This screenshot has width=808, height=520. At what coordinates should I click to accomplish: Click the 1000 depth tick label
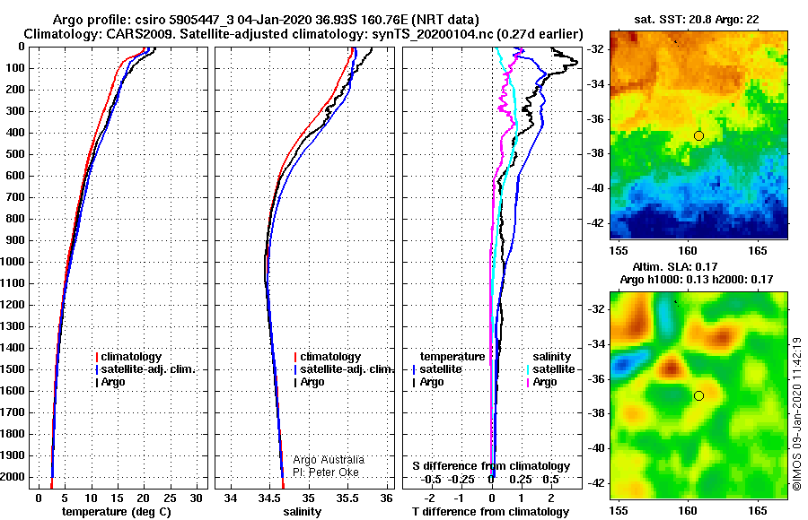pyautogui.click(x=12, y=262)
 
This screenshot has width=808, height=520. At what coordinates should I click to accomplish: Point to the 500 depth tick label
pyautogui.click(x=14, y=154)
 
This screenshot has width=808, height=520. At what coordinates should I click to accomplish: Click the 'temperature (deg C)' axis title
pyautogui.click(x=117, y=512)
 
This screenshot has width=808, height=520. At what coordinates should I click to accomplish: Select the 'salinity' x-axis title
pyautogui.click(x=302, y=512)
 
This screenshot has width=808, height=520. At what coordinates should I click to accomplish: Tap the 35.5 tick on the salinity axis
pyautogui.click(x=347, y=498)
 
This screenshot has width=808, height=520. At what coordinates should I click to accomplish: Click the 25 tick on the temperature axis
pyautogui.click(x=170, y=498)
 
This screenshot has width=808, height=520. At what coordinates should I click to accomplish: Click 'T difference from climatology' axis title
pyautogui.click(x=490, y=512)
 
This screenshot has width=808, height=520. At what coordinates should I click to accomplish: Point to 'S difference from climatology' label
pyautogui.click(x=491, y=466)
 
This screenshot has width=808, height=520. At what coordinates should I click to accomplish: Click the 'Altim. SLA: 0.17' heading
pyautogui.click(x=675, y=266)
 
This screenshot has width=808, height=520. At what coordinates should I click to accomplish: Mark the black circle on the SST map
pyautogui.click(x=698, y=136)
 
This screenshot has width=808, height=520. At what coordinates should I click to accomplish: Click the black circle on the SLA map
pyautogui.click(x=698, y=396)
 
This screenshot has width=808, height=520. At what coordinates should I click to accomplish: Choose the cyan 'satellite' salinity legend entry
pyautogui.click(x=551, y=369)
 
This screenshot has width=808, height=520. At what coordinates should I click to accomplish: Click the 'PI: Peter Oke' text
pyautogui.click(x=326, y=472)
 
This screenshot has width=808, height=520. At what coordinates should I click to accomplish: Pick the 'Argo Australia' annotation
pyautogui.click(x=329, y=459)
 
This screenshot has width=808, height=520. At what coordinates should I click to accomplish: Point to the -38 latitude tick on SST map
pyautogui.click(x=595, y=153)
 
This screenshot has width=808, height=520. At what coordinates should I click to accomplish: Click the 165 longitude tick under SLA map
pyautogui.click(x=758, y=511)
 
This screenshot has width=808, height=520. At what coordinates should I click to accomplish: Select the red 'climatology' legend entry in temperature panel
pyautogui.click(x=128, y=357)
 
